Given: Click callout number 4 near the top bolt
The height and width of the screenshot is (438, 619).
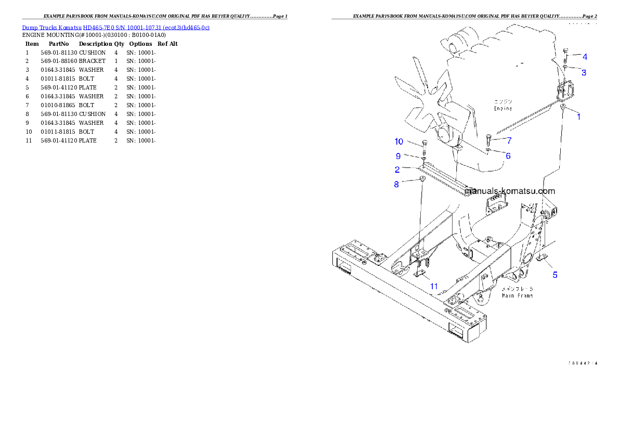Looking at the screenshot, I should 585,57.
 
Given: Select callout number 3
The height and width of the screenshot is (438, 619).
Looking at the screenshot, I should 584,73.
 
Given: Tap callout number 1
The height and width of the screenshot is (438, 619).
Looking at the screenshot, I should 578,117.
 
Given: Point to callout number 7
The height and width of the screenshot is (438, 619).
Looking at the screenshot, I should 509,140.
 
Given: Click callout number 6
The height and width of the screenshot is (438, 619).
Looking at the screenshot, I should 508,156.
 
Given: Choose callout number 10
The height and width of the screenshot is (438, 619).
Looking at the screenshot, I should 398,141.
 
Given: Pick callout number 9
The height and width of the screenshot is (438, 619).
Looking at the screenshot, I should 398,156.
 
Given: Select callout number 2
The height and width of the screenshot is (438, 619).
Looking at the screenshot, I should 397,170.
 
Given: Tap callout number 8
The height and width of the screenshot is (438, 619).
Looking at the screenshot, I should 396,184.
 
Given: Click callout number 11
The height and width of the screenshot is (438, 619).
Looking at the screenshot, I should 434,286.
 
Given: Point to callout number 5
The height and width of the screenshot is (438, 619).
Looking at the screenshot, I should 555,275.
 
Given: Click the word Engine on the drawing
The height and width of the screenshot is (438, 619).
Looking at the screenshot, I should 502,109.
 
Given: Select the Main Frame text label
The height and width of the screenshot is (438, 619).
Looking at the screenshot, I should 517,295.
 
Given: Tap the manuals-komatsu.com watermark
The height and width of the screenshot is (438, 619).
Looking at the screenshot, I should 510,191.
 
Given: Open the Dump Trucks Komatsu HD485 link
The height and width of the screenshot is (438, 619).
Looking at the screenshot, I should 115,27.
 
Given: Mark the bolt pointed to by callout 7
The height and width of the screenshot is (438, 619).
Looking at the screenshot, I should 488,140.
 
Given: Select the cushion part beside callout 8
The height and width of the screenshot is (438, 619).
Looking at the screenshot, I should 422,180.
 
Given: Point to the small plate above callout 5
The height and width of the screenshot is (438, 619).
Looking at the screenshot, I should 543,257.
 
